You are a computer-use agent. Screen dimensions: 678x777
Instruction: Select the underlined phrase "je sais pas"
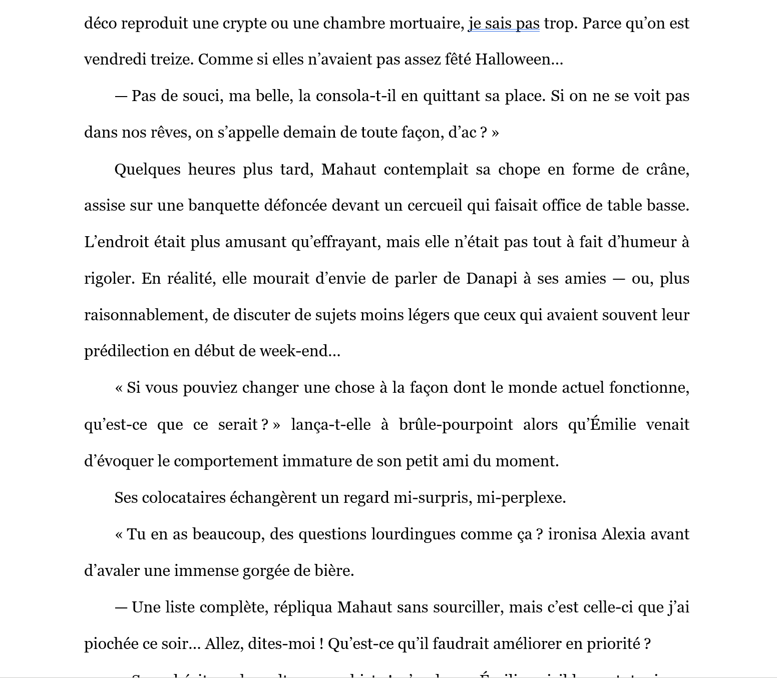pyautogui.click(x=504, y=24)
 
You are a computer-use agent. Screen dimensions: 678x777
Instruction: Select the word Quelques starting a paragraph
pyautogui.click(x=147, y=169)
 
